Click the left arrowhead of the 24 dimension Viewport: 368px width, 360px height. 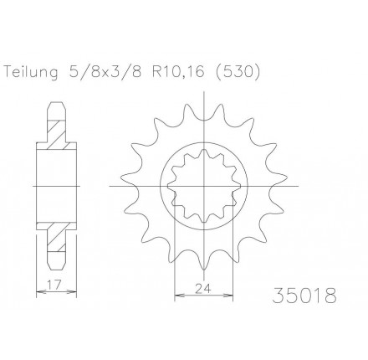[x=175, y=293]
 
